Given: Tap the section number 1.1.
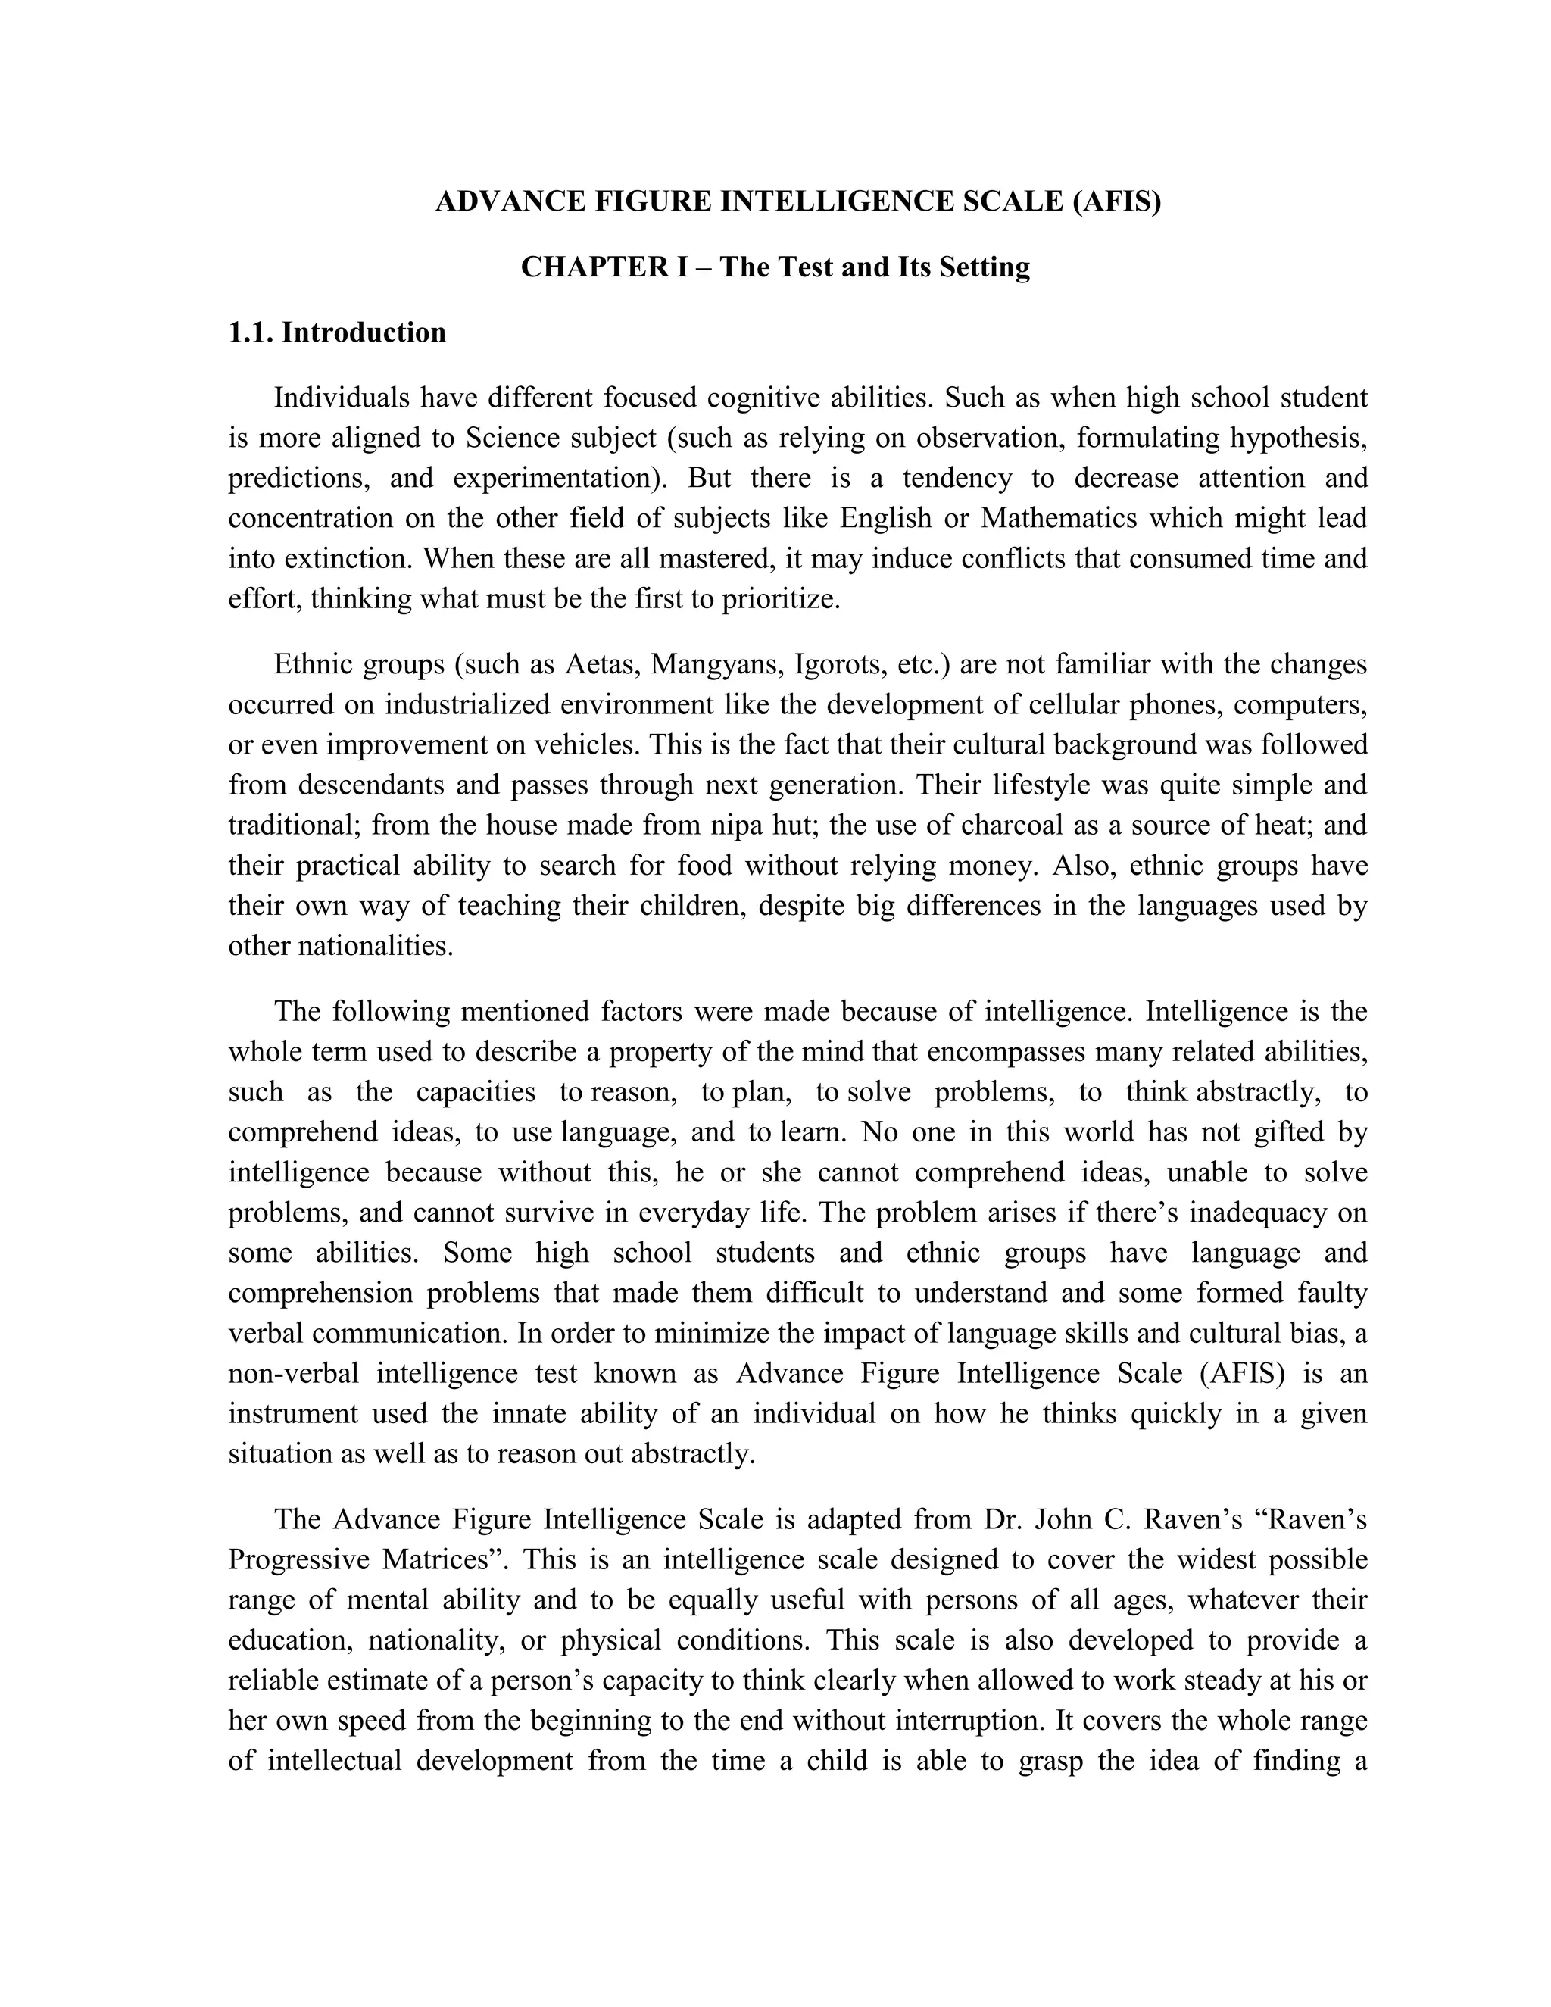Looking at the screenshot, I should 251,332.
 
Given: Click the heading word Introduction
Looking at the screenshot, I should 364,332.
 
